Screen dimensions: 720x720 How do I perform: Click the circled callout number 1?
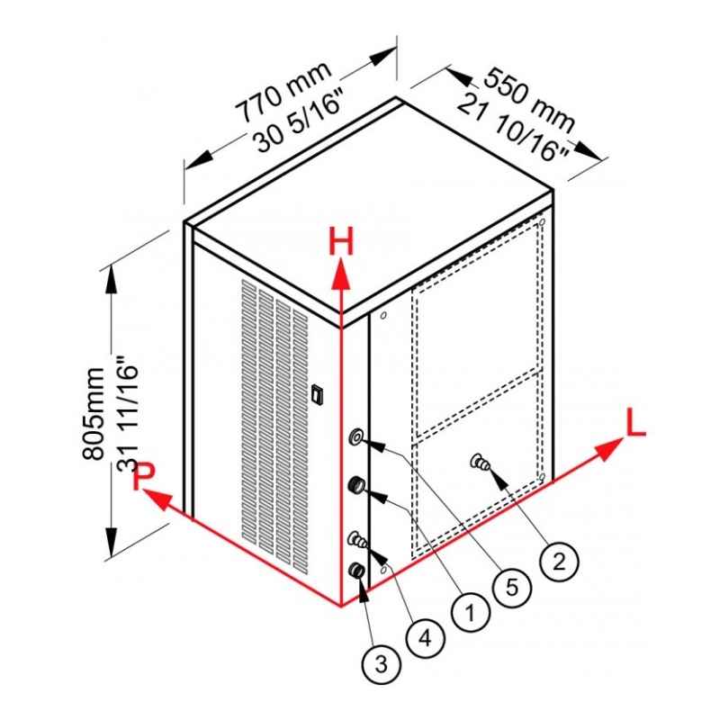[x=471, y=613]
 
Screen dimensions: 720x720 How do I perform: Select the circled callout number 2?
[x=559, y=561]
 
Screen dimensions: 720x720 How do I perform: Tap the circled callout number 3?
[x=381, y=664]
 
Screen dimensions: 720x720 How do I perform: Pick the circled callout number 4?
[x=426, y=638]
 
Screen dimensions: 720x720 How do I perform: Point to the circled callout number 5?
[x=512, y=588]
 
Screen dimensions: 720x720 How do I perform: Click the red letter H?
[x=341, y=242]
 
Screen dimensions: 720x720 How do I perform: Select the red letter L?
[x=635, y=423]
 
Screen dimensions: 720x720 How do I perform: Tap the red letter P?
[x=144, y=476]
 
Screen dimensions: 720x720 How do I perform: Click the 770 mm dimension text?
[x=283, y=93]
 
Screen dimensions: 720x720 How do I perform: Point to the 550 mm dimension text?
[x=529, y=100]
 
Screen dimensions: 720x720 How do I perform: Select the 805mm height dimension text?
[x=94, y=413]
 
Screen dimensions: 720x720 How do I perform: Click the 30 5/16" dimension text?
[x=300, y=121]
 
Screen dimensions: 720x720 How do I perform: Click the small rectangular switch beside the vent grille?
[x=315, y=393]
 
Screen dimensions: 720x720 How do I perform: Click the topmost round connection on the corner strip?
[x=356, y=436]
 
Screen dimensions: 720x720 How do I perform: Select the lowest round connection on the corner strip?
[x=356, y=571]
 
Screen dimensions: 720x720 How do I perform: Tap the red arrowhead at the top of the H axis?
[x=341, y=274]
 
